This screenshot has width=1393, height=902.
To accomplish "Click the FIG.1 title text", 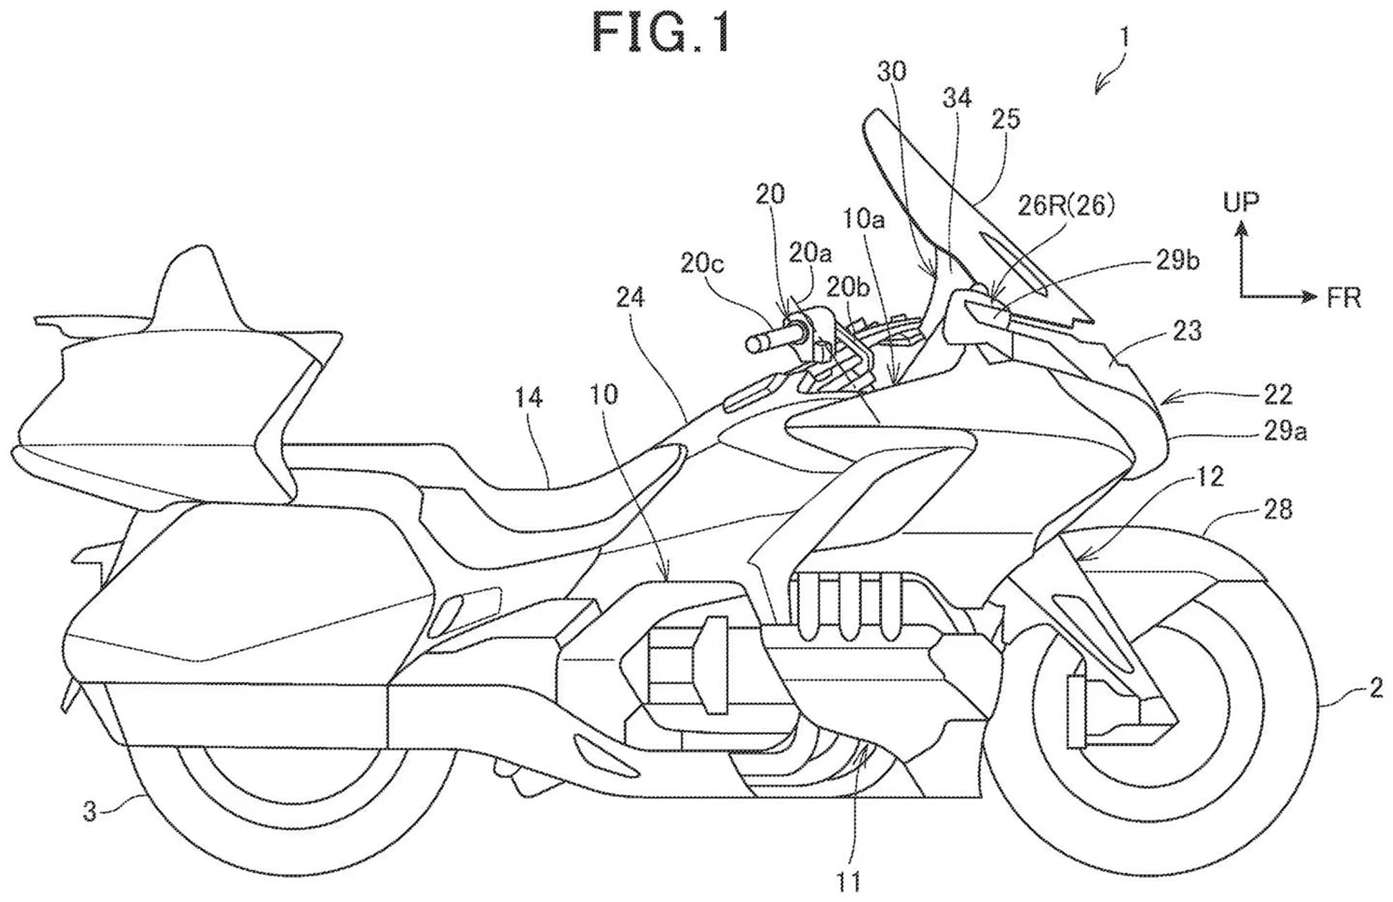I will (x=661, y=34).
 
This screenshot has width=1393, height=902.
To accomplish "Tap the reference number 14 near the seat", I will (x=528, y=398).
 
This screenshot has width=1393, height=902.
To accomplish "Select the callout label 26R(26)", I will (x=1066, y=205).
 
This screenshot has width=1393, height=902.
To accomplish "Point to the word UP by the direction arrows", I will (x=1240, y=202).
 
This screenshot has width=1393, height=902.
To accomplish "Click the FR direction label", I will (x=1343, y=298).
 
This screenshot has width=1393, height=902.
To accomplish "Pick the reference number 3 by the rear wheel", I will (x=89, y=811).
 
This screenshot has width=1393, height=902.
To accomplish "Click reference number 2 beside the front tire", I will (x=1375, y=688).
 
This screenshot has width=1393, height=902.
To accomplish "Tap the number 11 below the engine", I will (x=848, y=881).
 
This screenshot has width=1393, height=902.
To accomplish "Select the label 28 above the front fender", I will (x=1278, y=509).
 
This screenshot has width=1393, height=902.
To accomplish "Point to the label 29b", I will (x=1178, y=261).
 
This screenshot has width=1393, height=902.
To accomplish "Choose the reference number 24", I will (x=630, y=298).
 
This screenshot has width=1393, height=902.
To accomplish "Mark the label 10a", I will (x=863, y=220).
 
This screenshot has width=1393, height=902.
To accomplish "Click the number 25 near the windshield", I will (x=1005, y=119).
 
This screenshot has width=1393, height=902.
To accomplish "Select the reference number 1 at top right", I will (x=1125, y=37).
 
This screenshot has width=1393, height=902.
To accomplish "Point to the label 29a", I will (x=1285, y=431).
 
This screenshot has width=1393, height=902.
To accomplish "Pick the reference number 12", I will (x=1210, y=478).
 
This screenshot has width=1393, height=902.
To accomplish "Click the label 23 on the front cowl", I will (x=1187, y=330).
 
